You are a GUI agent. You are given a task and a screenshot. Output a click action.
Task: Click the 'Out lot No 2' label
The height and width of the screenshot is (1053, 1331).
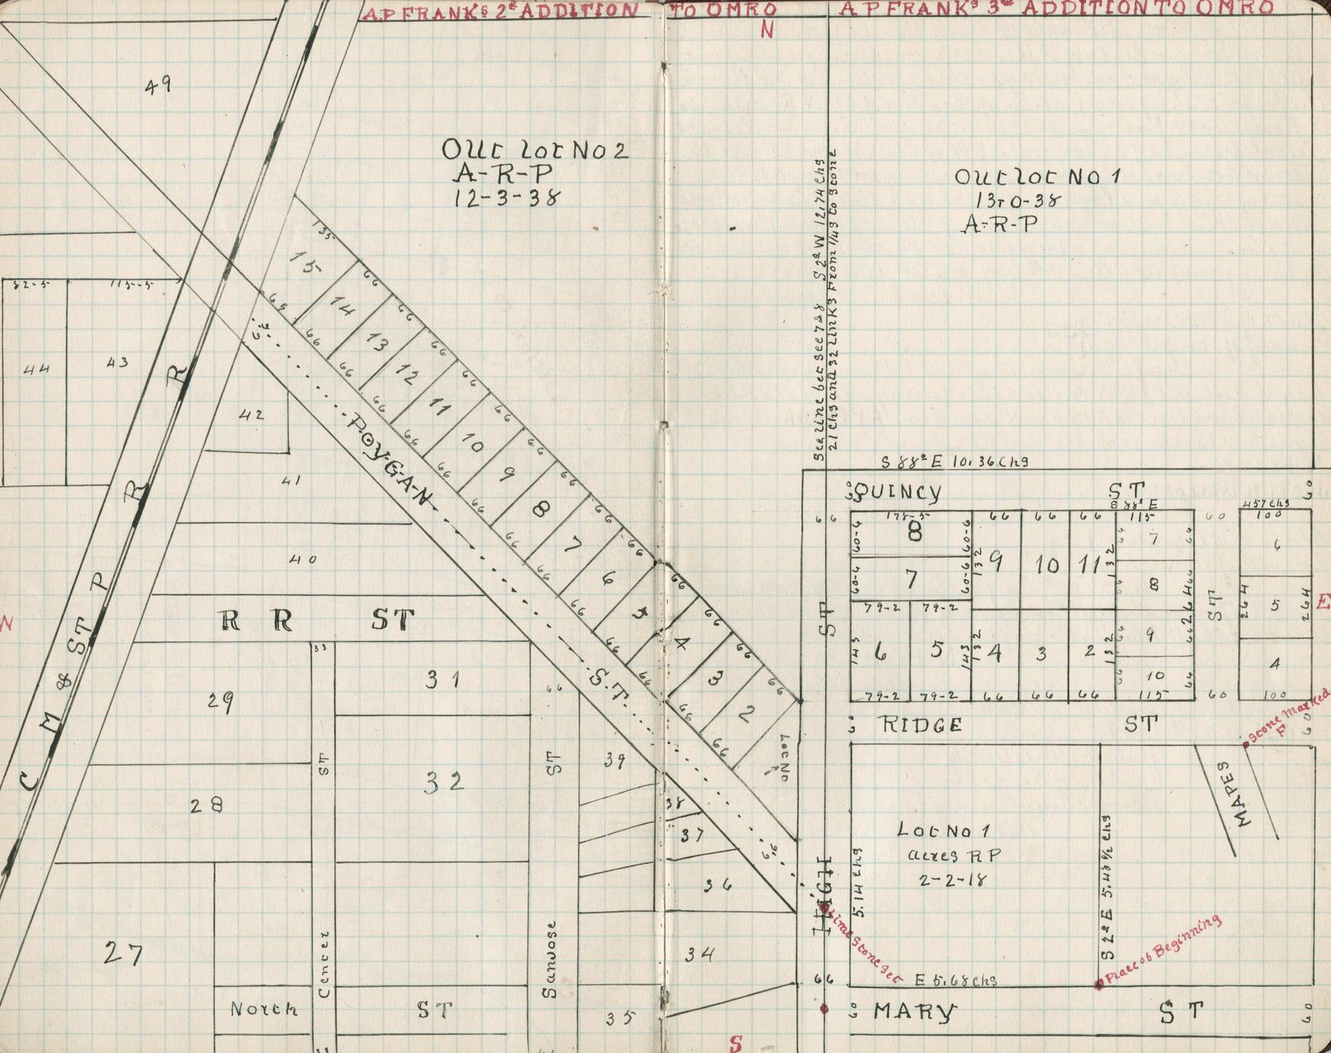[535, 150]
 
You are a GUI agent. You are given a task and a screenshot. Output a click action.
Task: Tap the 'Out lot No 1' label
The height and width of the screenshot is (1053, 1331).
[1037, 176]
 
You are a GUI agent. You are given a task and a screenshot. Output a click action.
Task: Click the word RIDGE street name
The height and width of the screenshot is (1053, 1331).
[921, 725]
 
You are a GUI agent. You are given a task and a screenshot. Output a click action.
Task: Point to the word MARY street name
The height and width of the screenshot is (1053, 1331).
[914, 1013]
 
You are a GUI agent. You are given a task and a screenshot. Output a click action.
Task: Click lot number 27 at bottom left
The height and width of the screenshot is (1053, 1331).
[123, 953]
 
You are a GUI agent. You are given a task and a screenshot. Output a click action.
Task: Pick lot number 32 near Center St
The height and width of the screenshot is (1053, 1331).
[443, 782]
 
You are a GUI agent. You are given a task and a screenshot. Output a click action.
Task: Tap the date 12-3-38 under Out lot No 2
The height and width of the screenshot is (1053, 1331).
[507, 198]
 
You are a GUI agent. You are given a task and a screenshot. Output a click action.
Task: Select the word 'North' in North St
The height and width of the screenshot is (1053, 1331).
[263, 1009]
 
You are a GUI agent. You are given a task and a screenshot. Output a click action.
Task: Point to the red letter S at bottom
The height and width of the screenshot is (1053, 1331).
[736, 1042]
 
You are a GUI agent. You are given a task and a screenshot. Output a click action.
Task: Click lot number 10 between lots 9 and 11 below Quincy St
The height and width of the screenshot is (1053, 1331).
[1047, 565]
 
